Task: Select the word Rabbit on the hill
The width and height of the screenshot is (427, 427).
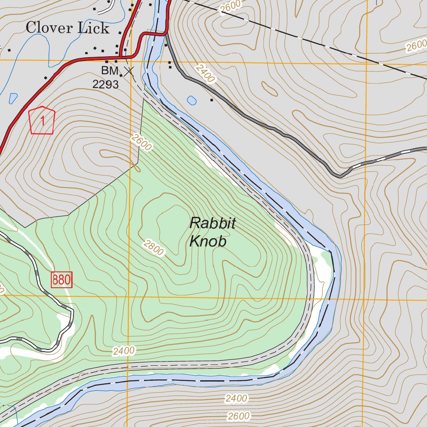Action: (212, 224)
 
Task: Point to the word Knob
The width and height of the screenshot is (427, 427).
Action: (208, 241)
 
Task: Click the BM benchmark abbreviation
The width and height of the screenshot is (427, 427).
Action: (110, 70)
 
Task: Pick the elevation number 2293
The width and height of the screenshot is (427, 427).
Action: (105, 85)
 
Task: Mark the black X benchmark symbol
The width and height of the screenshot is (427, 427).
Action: (129, 71)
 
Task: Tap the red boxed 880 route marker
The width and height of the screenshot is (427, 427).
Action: (62, 280)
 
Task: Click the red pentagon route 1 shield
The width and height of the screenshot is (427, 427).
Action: (42, 121)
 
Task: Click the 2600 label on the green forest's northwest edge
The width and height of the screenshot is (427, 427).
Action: (141, 142)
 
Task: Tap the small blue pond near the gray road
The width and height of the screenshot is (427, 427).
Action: (192, 100)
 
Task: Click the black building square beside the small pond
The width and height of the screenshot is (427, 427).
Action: (212, 100)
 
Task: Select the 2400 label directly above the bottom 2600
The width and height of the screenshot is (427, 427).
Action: (236, 399)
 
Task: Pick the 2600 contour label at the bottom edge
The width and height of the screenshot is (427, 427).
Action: (239, 416)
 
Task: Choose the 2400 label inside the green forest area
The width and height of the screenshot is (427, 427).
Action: (124, 351)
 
